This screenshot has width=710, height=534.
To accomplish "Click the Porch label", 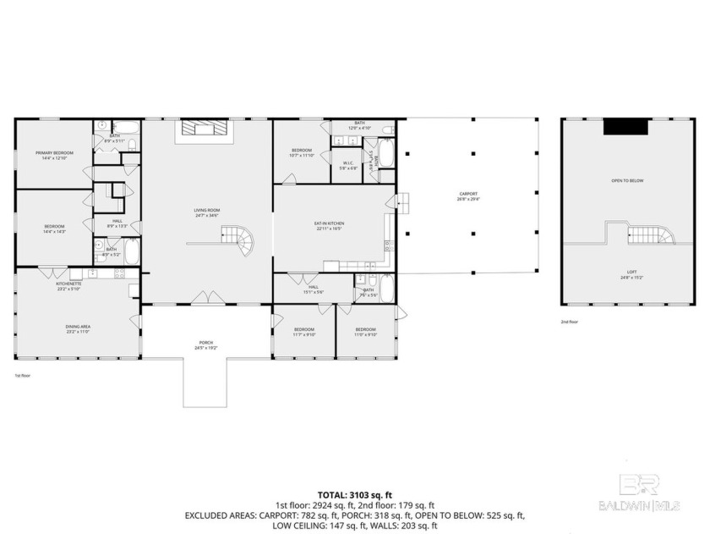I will (206, 344).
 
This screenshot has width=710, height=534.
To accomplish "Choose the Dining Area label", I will (78, 328).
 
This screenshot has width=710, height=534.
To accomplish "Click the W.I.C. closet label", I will (348, 164).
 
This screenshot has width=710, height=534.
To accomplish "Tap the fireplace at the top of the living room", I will (201, 129).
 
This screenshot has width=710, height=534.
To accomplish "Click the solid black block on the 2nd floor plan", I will (625, 126).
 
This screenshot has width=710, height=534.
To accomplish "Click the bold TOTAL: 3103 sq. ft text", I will (354, 494).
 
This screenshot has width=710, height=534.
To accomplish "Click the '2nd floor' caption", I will (571, 322).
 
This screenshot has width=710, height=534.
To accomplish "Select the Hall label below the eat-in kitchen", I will (313, 290).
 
